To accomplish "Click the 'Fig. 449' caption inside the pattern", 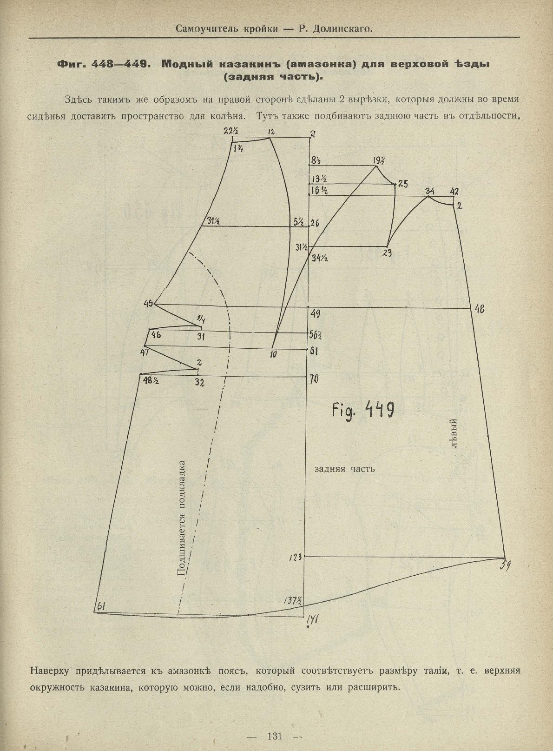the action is [x=364, y=409].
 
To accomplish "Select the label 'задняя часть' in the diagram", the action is [x=344, y=469].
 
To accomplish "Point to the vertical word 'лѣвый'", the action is [x=454, y=432].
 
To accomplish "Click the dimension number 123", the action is [x=295, y=557].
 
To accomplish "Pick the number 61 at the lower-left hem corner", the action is [x=101, y=606].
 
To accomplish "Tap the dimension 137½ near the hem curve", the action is [x=293, y=600].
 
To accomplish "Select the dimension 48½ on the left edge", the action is [x=151, y=380].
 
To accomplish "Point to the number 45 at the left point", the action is [x=149, y=304].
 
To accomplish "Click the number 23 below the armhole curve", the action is [x=387, y=253].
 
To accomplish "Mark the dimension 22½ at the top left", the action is [x=229, y=132].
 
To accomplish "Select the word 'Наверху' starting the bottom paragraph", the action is [x=50, y=671].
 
